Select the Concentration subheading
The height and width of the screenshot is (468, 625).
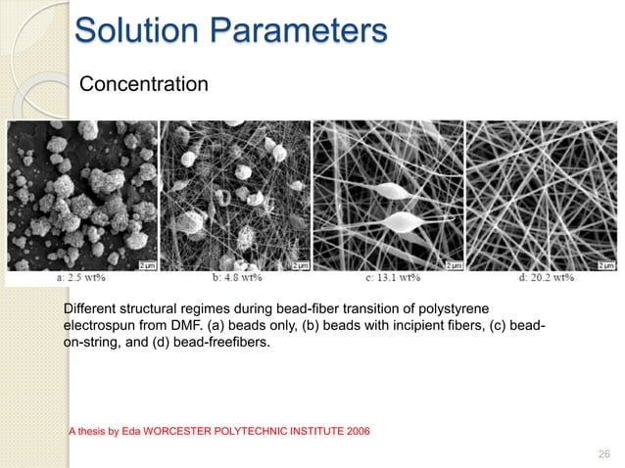pyautogui.click(x=143, y=85)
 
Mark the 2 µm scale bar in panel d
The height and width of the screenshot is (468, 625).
pyautogui.click(x=604, y=263)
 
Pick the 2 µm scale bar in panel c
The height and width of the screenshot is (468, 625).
pyautogui.click(x=454, y=263)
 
